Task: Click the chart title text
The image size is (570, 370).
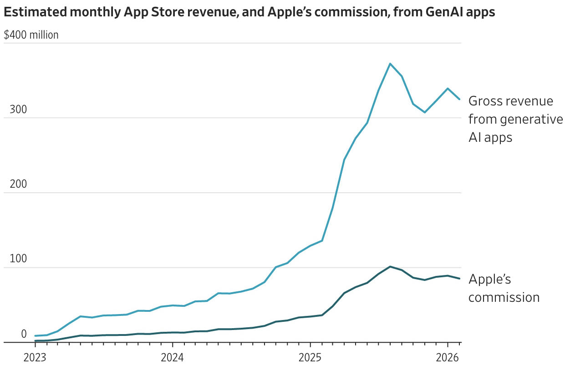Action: pyautogui.click(x=249, y=12)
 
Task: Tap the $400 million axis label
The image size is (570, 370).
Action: pyautogui.click(x=31, y=35)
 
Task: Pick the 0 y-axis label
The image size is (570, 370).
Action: pyautogui.click(x=24, y=334)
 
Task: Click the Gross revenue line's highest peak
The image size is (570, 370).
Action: pyautogui.click(x=390, y=64)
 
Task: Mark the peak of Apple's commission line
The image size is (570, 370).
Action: pyautogui.click(x=390, y=266)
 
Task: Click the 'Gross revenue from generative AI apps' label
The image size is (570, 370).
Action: pyautogui.click(x=515, y=119)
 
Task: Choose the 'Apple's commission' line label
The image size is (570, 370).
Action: pyautogui.click(x=504, y=288)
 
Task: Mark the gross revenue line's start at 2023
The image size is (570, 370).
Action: pyautogui.click(x=35, y=336)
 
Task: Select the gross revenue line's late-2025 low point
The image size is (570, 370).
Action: pyautogui.click(x=425, y=112)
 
